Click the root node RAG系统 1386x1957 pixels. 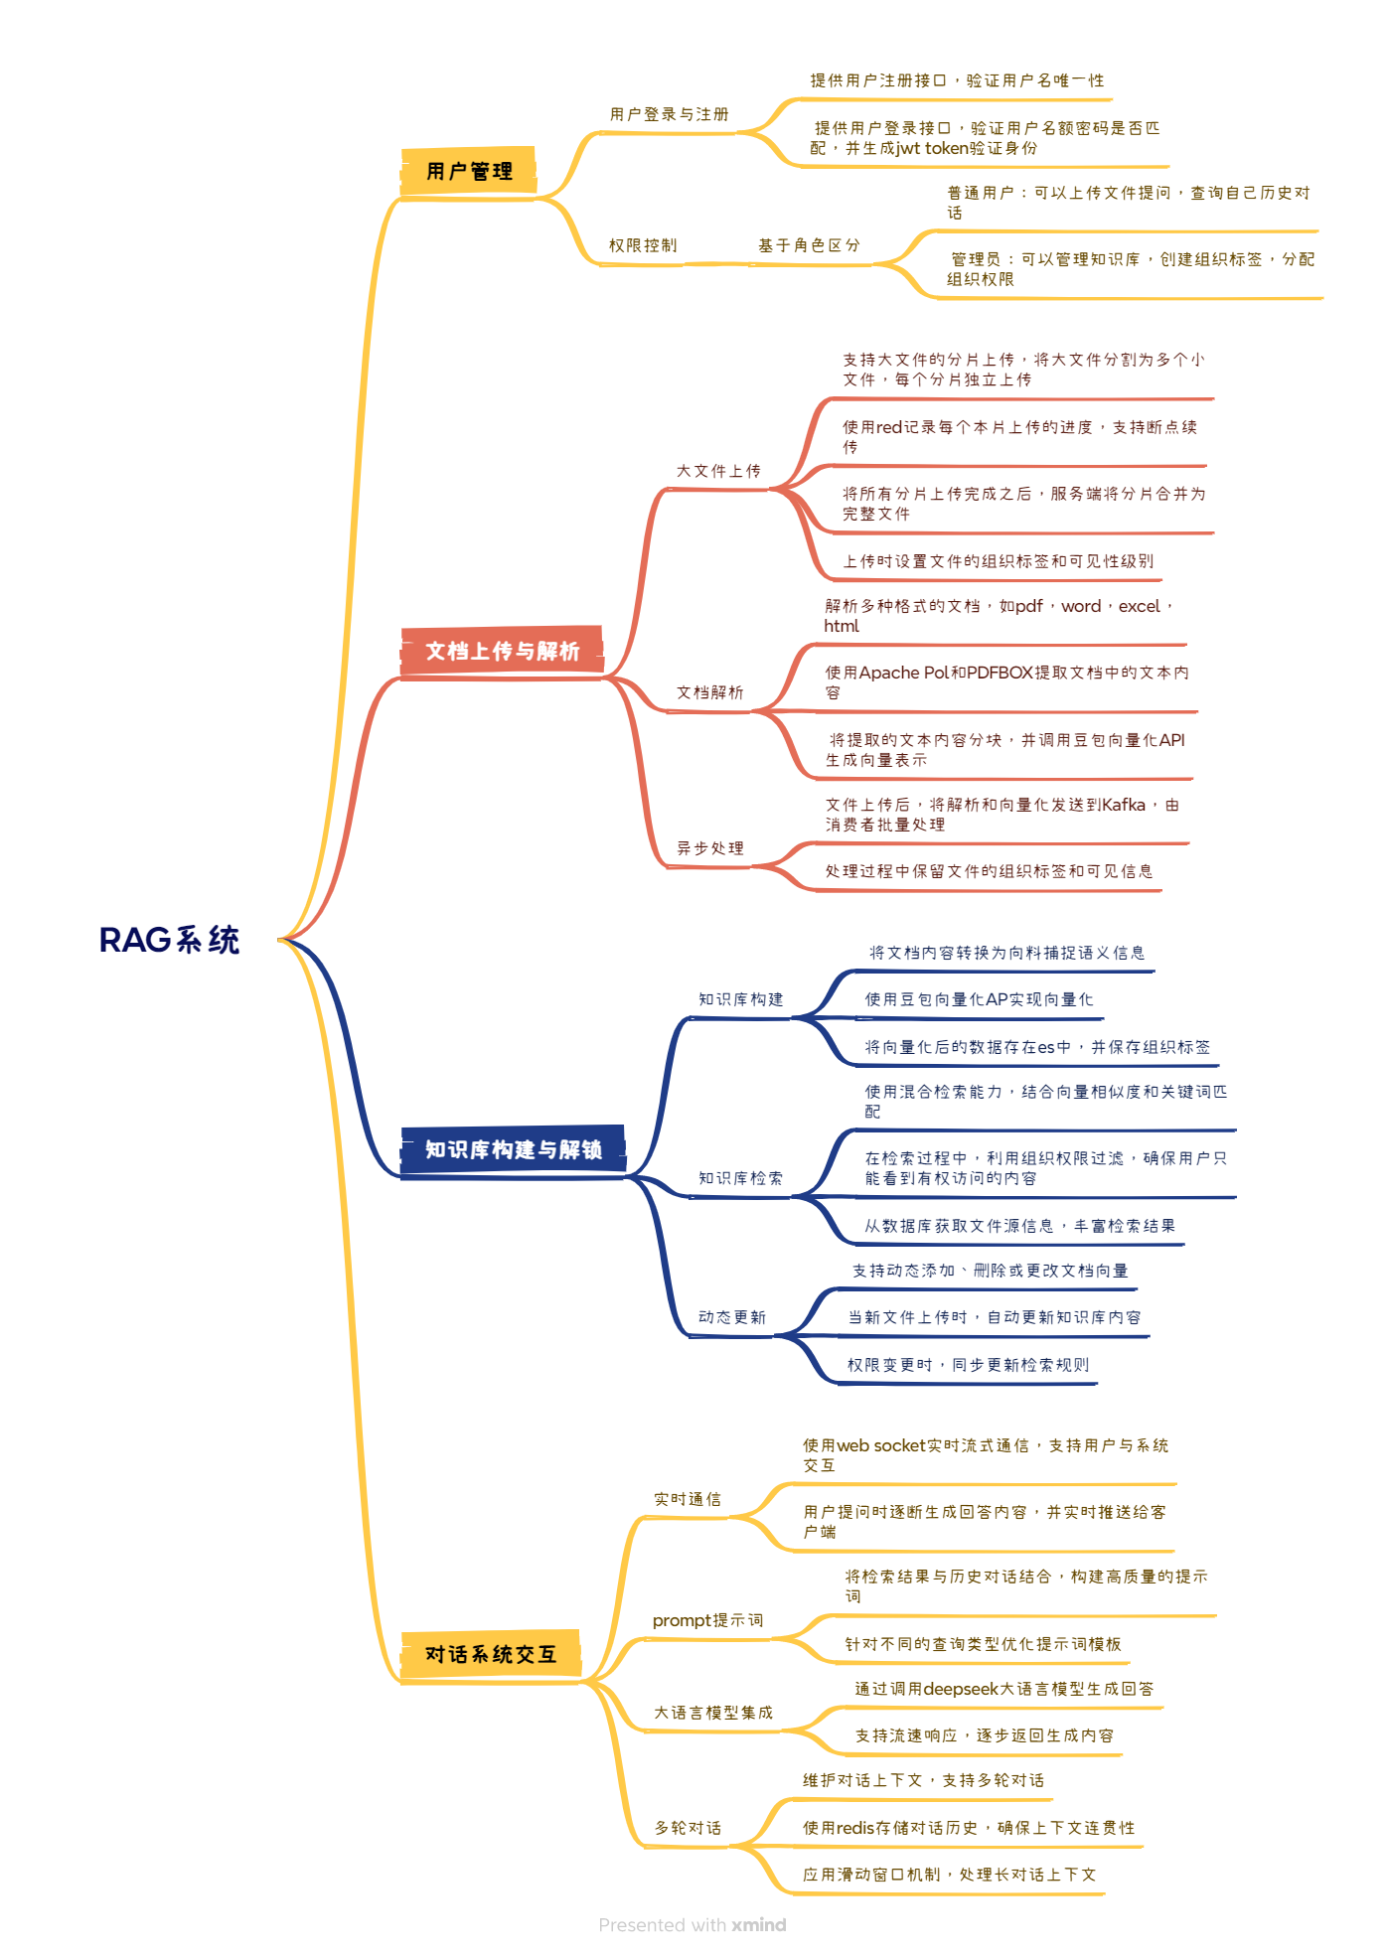[x=170, y=940]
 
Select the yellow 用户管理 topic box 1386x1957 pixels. [x=469, y=171]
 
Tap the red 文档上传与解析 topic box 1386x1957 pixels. [x=502, y=651]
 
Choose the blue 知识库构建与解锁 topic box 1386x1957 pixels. [x=513, y=1149]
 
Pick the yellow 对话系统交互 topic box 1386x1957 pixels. [x=490, y=1654]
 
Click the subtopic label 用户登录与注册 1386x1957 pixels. [x=669, y=114]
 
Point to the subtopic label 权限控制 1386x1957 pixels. [x=643, y=245]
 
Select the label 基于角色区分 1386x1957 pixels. [x=809, y=245]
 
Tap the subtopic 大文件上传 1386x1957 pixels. [x=718, y=471]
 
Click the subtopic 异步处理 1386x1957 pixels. [x=710, y=848]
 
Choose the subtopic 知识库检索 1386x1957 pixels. [x=740, y=1178]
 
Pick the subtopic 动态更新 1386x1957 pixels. [x=732, y=1317]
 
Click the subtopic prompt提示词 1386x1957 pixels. [x=707, y=1620]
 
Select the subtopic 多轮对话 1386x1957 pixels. [x=688, y=1828]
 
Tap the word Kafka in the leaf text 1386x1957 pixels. [x=1123, y=805]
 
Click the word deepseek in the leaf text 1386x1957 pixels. [x=960, y=1689]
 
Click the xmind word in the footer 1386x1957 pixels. [x=759, y=1925]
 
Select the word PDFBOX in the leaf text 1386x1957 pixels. [x=1001, y=673]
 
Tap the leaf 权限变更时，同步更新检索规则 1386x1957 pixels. [x=968, y=1365]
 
